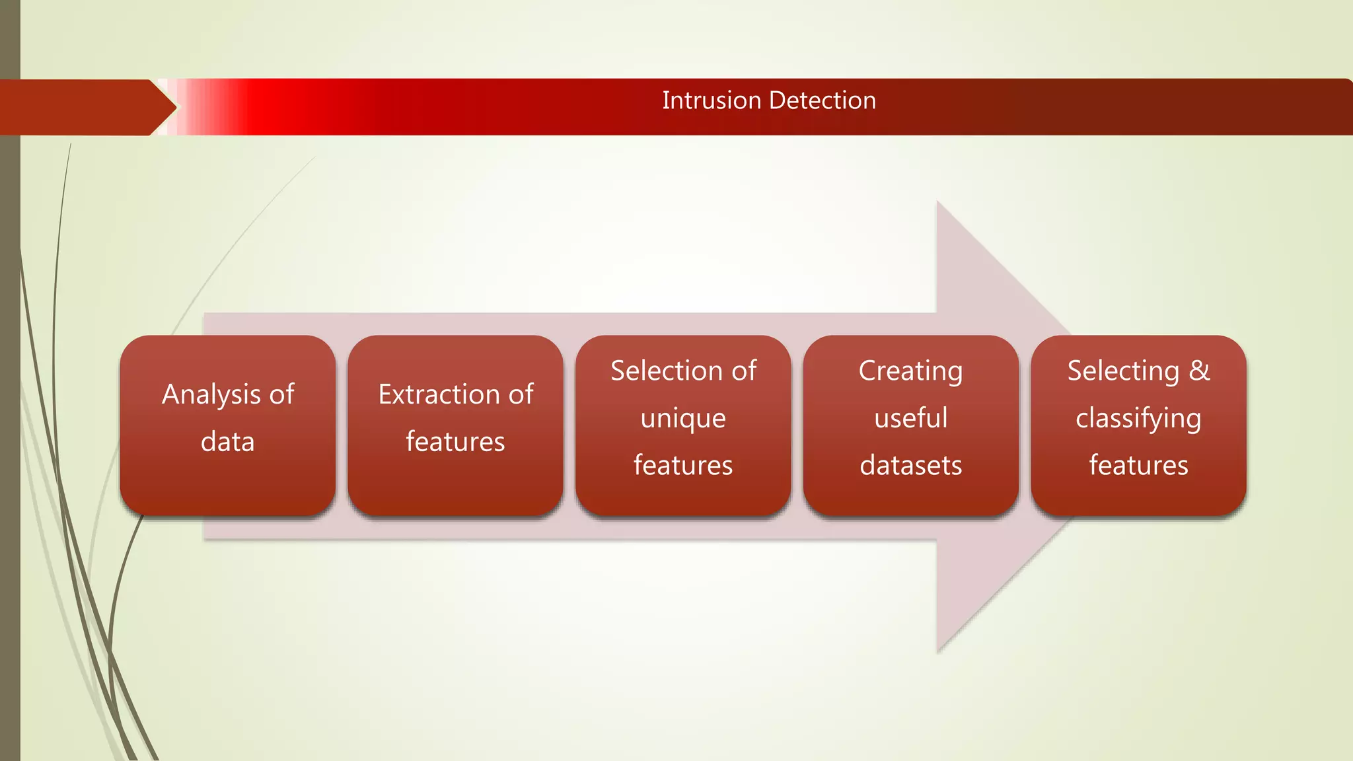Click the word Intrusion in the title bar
pos(712,100)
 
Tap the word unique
pos(683,419)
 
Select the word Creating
pos(910,371)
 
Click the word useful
pos(911,418)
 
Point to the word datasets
pos(911,466)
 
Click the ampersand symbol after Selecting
pos(1199,371)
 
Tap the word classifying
pos(1138,419)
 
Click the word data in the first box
pos(228,442)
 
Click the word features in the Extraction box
pos(455,442)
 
